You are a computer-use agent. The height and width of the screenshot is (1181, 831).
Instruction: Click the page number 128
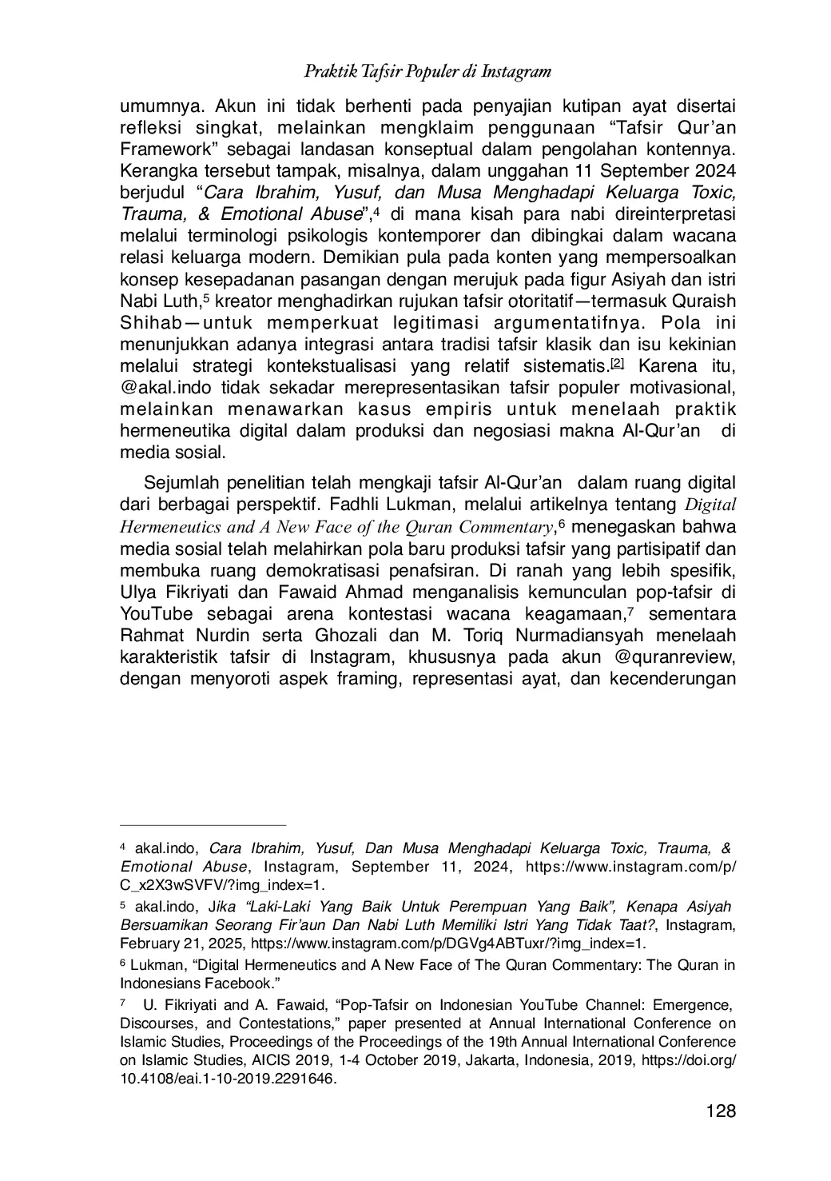pos(720,1111)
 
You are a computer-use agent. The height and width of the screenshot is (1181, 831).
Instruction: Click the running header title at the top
pos(427,71)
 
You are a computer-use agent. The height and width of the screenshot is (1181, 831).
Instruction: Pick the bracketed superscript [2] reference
pos(618,364)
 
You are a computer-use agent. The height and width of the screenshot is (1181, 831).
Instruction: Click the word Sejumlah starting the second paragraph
pos(180,484)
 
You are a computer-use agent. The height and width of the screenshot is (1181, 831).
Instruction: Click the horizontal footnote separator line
pos(203,824)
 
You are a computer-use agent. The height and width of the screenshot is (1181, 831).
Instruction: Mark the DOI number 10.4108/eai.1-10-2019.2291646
pos(227,1079)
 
